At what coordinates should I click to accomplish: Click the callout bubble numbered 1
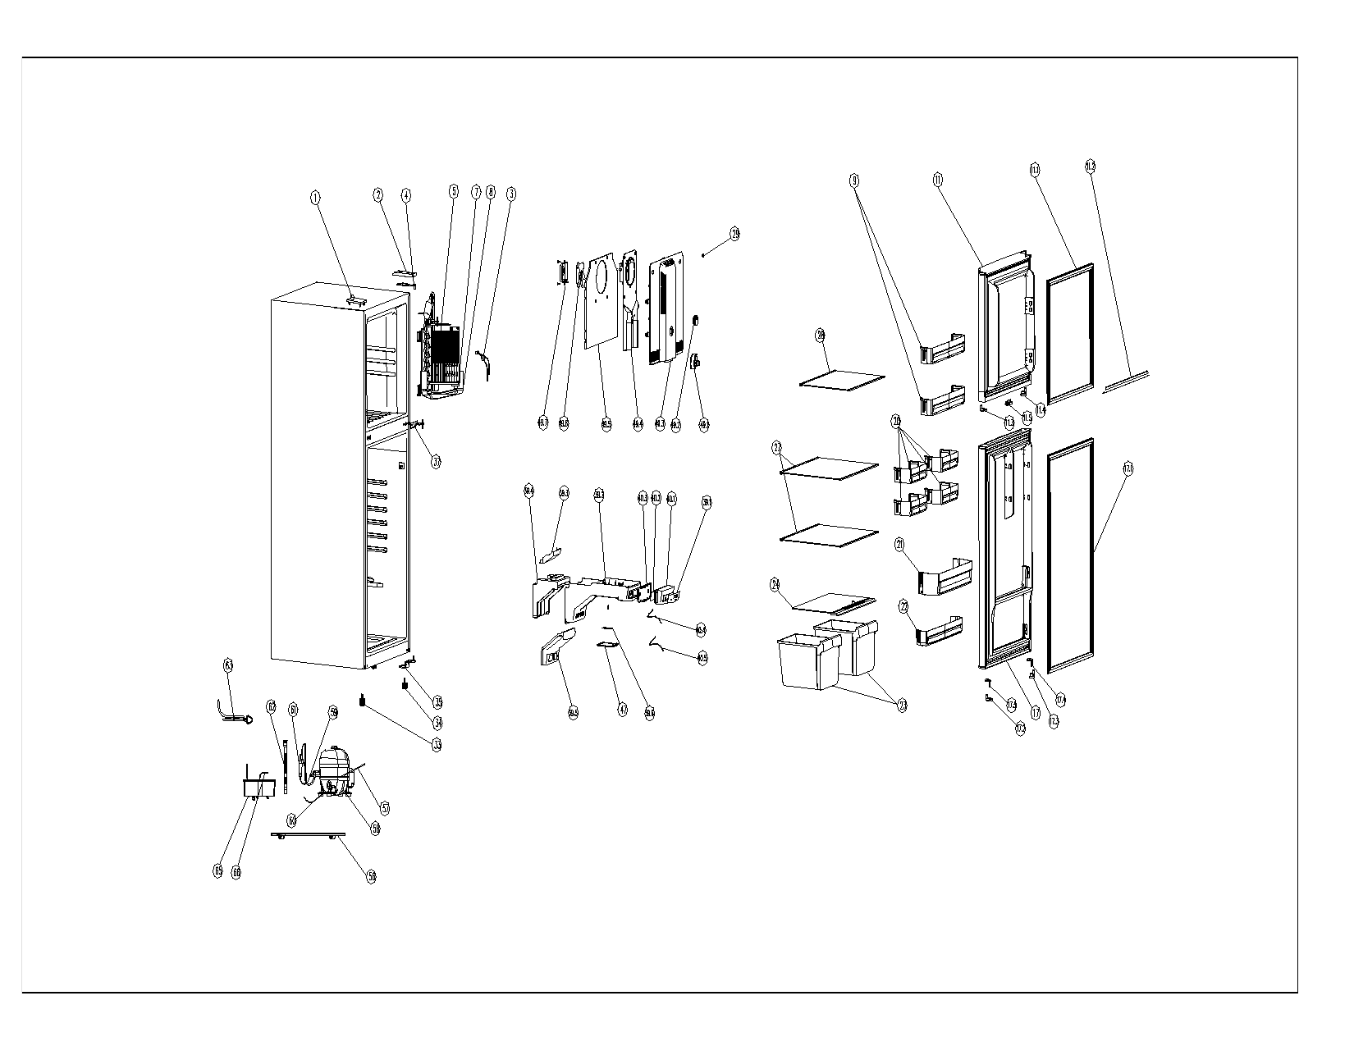coord(314,198)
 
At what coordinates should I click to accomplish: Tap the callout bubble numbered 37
coord(437,461)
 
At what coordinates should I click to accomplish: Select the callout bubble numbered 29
coord(734,235)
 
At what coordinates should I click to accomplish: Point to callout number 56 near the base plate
coord(371,877)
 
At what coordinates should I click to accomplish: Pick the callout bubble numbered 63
coord(229,687)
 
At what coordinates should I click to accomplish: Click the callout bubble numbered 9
coord(854,179)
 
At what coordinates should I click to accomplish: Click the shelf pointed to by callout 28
coord(842,380)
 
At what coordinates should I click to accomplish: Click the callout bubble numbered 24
coord(775,585)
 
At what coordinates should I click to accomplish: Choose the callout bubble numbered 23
coord(902,706)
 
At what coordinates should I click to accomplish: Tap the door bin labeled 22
coord(940,631)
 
